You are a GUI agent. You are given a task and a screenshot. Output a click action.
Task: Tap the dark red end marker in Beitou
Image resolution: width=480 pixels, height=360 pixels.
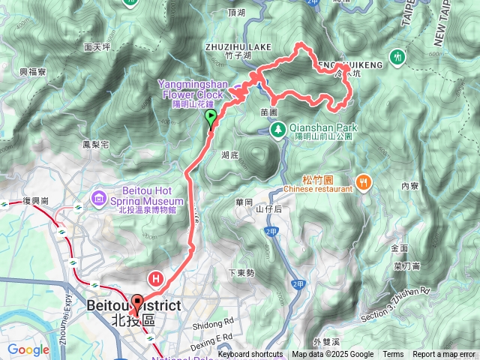tap(136, 303)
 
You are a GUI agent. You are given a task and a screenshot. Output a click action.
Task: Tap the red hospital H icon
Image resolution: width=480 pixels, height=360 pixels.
tap(157, 278)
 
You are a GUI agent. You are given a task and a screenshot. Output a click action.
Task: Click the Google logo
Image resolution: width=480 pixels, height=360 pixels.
tap(28, 349)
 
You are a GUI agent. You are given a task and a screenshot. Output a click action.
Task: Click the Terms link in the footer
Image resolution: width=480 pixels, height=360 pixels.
tap(393, 355)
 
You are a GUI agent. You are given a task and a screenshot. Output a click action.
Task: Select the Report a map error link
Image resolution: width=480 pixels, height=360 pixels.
tap(444, 355)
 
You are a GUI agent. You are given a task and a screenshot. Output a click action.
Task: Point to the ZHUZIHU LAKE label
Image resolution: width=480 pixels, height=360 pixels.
tap(238, 46)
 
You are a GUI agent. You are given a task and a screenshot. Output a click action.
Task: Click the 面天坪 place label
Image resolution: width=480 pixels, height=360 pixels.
tap(97, 46)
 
